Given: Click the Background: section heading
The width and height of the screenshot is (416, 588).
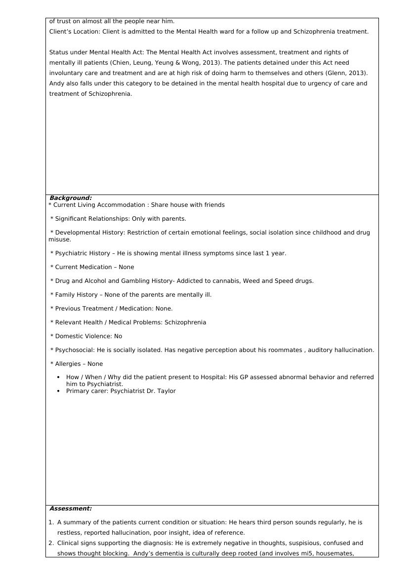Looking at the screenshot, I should [71, 198].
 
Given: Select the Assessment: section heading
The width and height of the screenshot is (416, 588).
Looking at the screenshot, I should [71, 509].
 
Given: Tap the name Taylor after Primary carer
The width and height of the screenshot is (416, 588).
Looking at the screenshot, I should [166, 391].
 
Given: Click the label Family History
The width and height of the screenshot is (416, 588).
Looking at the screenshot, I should [76, 295].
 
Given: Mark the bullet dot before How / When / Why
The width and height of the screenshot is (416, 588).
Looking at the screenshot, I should [59, 377].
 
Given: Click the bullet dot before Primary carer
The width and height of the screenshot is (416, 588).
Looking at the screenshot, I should [59, 391].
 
